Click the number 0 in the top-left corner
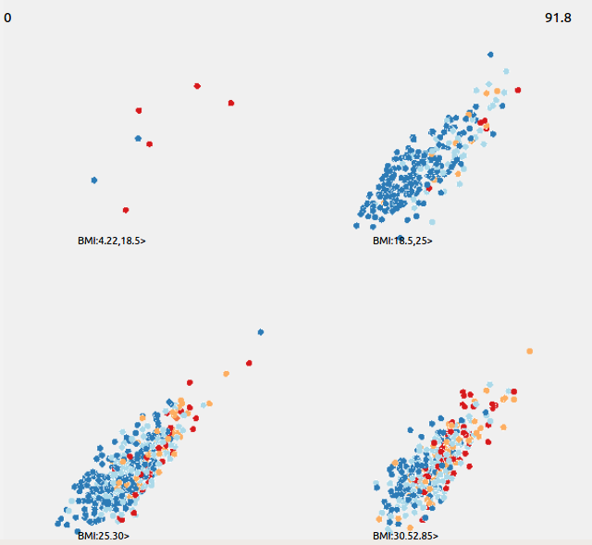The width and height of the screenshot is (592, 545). (7, 17)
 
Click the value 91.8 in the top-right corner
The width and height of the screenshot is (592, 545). (558, 18)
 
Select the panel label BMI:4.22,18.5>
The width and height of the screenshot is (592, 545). (112, 241)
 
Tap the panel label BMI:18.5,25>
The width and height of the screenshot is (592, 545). (402, 241)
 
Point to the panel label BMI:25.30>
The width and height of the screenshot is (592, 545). (104, 536)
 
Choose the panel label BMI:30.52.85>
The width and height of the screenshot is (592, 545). (405, 536)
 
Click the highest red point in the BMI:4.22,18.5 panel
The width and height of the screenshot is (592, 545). (197, 86)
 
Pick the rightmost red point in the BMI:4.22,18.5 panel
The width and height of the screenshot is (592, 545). (230, 102)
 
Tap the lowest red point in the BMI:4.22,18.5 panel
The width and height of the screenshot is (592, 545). (126, 210)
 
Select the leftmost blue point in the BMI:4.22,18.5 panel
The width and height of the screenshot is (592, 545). (94, 180)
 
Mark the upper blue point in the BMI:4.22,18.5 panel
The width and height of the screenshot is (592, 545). (138, 139)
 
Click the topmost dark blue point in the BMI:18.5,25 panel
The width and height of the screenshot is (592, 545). (490, 55)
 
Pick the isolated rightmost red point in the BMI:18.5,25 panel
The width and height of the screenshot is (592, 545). (518, 90)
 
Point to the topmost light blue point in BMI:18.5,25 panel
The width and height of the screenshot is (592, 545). (506, 70)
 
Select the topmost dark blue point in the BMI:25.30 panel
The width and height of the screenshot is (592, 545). (261, 331)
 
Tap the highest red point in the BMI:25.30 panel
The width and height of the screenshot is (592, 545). (248, 363)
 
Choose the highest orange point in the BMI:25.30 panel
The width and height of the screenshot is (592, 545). (226, 373)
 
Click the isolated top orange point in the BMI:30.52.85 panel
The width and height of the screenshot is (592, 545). (529, 352)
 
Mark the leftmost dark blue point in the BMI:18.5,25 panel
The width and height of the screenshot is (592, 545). (357, 225)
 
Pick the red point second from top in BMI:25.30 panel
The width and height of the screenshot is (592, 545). (190, 382)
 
